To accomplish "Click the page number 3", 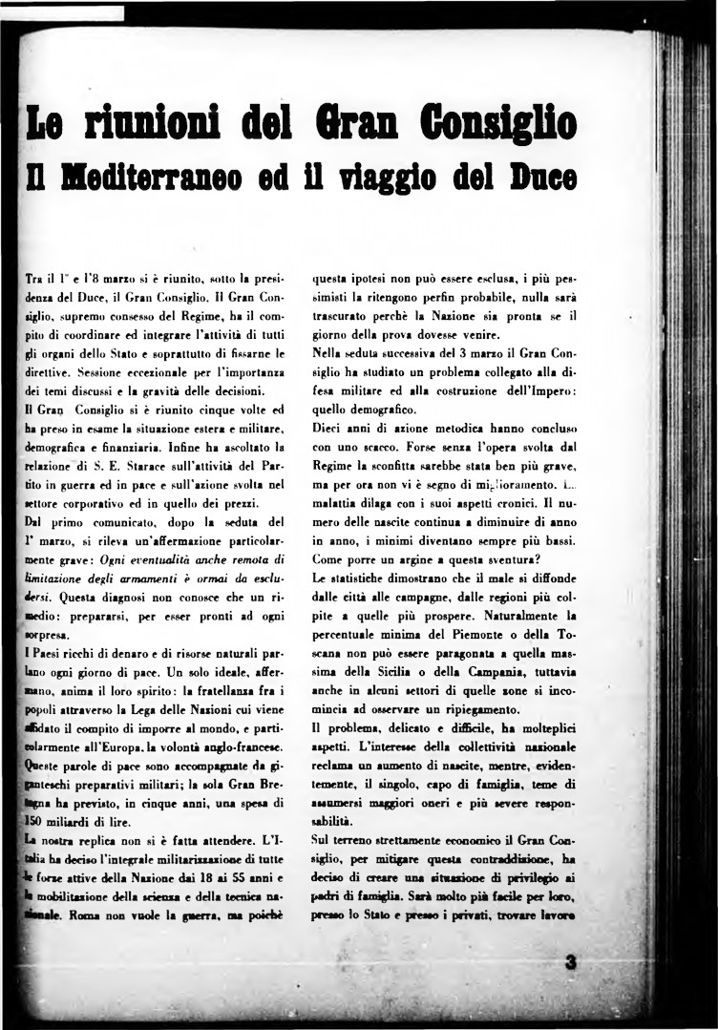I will pyautogui.click(x=571, y=965).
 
